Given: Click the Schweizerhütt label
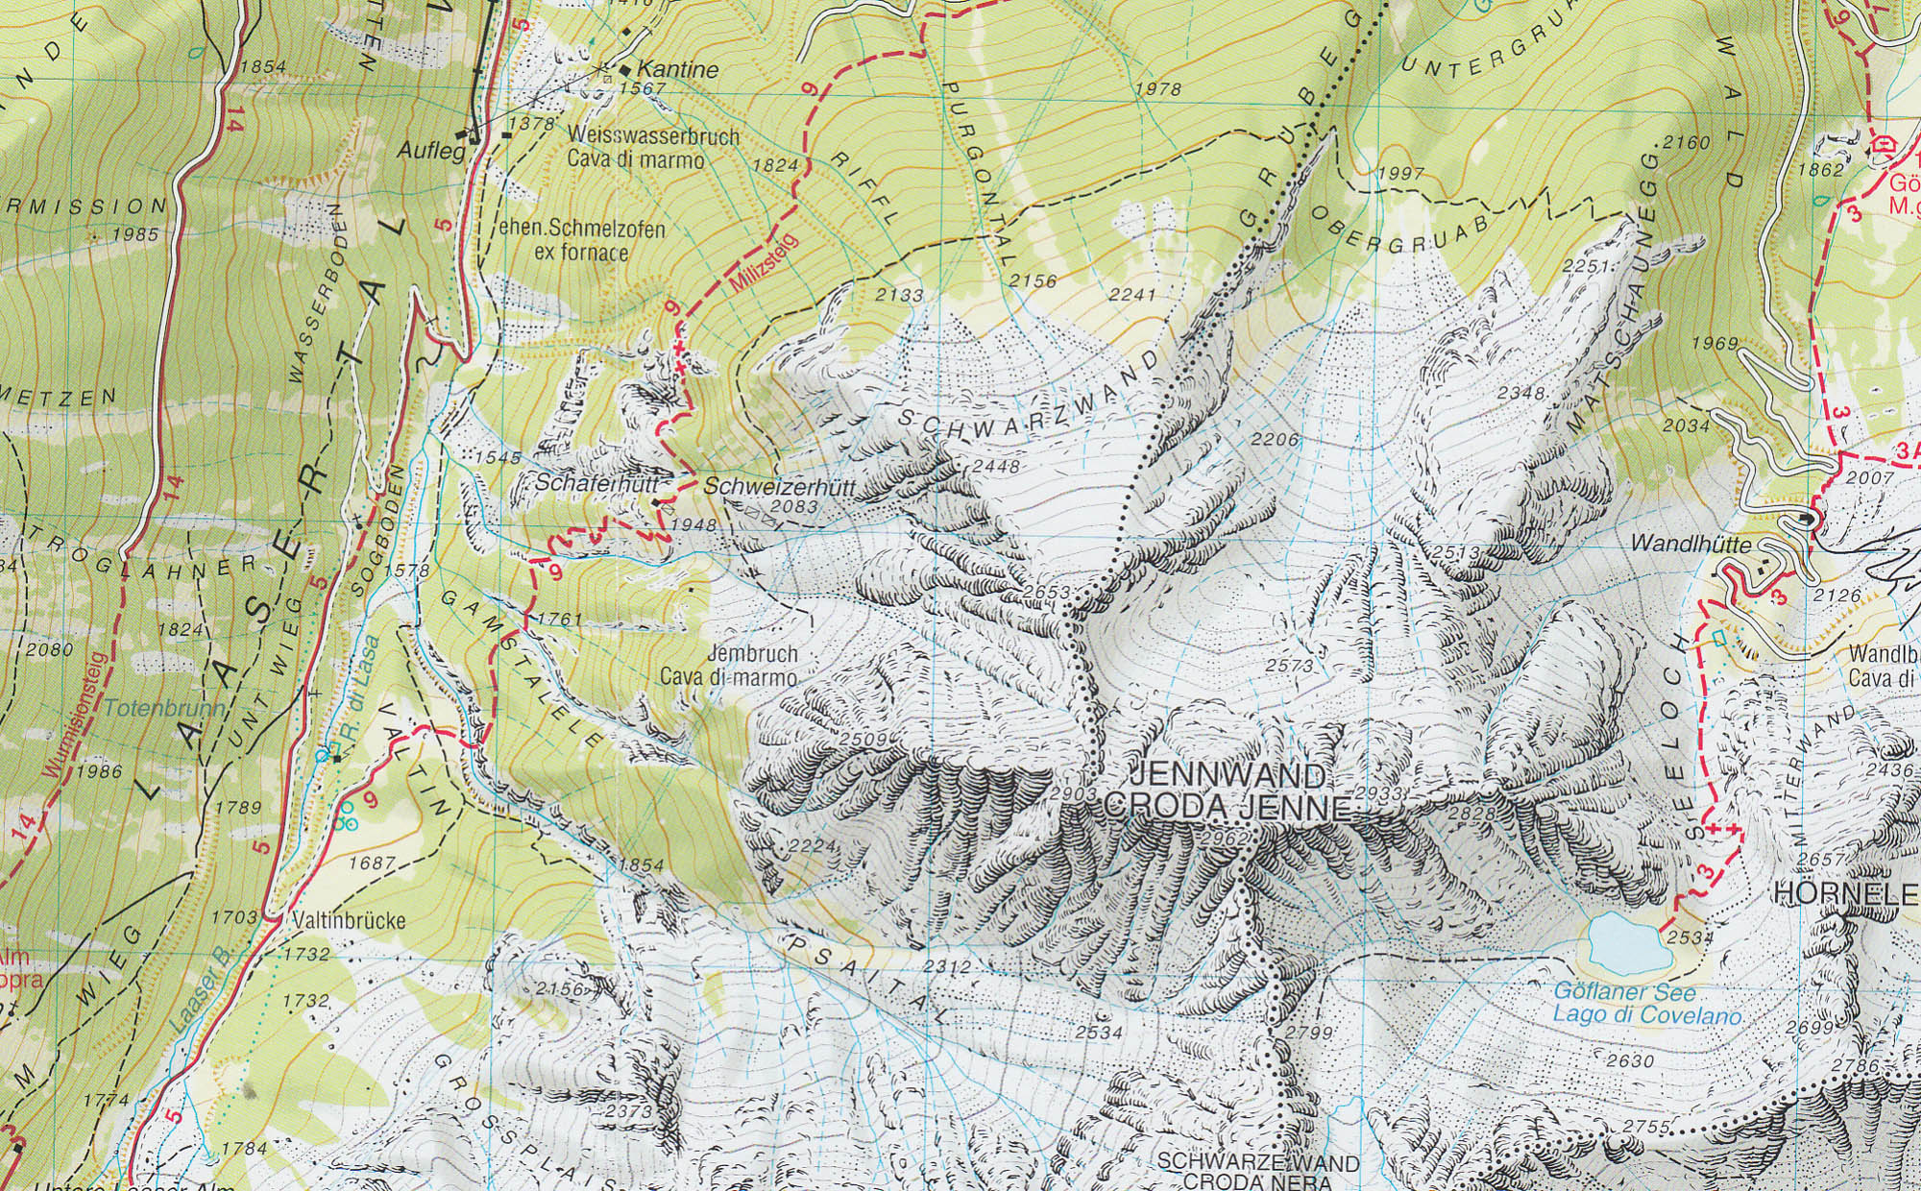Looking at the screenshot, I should pos(779,487).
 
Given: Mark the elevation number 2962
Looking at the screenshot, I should pos(1223,839).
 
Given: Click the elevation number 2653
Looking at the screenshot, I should pos(1047,593).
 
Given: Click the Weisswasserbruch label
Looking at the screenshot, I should pos(653,135).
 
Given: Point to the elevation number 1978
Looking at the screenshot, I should pos(1157,88).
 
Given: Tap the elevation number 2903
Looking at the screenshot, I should pos(1073,793).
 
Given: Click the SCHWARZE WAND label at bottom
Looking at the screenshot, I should pos(1258,1163).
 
